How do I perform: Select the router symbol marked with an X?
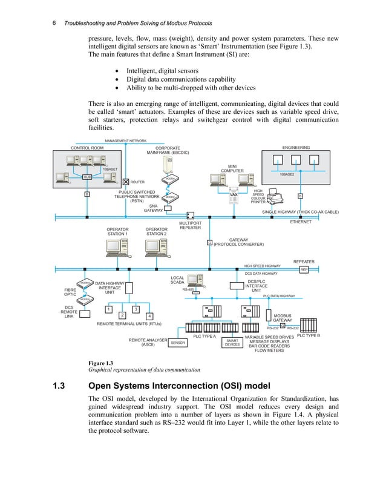tap(125, 182)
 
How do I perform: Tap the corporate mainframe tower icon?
tap(170, 166)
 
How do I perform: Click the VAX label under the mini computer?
tap(232, 195)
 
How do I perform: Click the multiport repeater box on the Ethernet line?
tap(190, 215)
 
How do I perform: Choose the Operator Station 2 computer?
tap(156, 248)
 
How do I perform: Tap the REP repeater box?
tap(304, 269)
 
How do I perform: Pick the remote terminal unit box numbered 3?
tap(136, 310)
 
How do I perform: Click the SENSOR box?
tap(177, 343)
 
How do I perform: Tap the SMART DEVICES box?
tap(232, 343)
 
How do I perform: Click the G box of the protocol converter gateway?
tap(209, 243)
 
